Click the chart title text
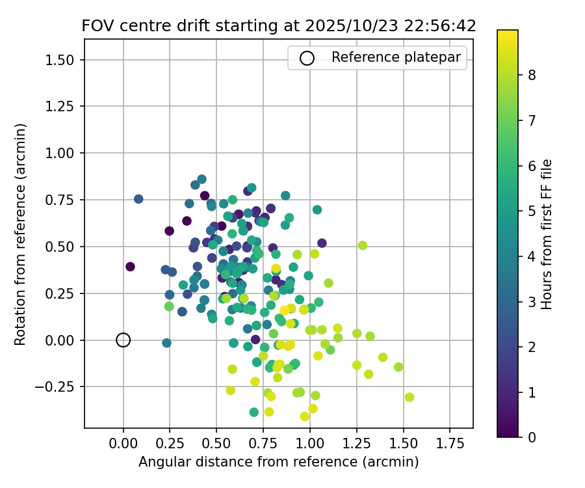click(x=279, y=26)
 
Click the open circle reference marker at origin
click(x=123, y=340)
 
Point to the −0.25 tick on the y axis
click(x=61, y=386)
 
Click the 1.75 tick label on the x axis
click(x=449, y=444)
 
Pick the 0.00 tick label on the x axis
click(x=123, y=444)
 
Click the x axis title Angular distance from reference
click(x=278, y=462)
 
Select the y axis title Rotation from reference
click(x=21, y=233)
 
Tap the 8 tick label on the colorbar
click(x=532, y=75)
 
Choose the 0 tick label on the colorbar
click(x=532, y=437)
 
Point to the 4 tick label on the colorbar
click(x=532, y=256)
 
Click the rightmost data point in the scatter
click(x=409, y=397)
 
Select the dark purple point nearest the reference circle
click(x=130, y=266)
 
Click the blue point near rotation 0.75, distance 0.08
click(x=138, y=199)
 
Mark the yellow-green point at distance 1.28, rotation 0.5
click(x=363, y=245)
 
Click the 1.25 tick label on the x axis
click(x=356, y=444)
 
